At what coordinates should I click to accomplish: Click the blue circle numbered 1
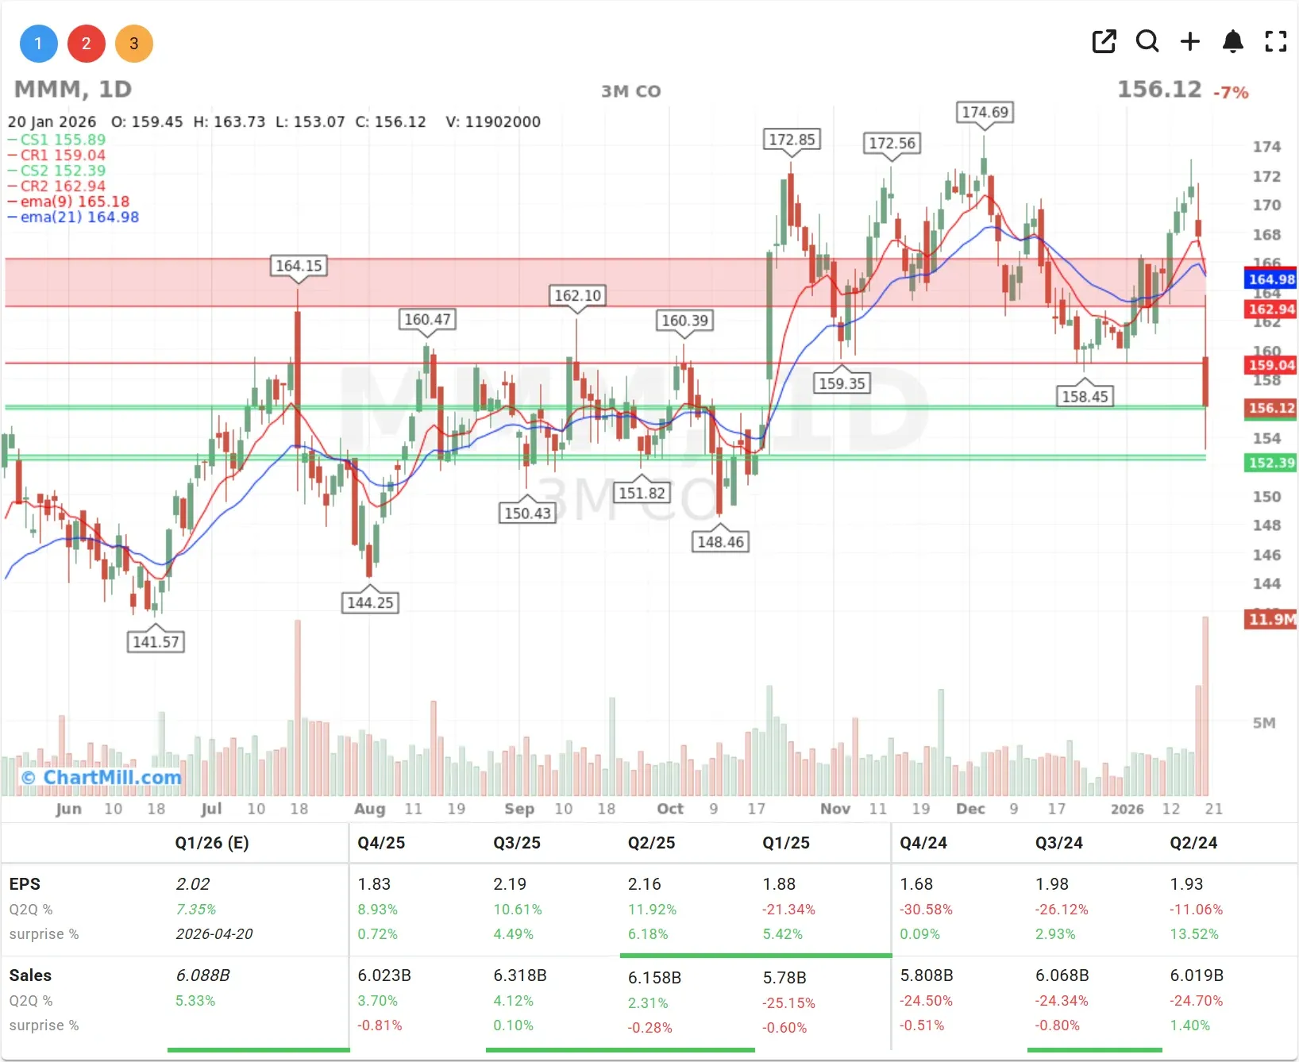click(38, 44)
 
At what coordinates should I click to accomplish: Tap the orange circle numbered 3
click(134, 44)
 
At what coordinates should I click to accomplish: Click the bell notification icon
click(1232, 41)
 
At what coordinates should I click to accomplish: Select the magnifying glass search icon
click(1147, 41)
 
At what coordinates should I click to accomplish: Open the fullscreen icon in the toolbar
click(1275, 41)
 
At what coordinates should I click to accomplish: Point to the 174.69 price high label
click(985, 113)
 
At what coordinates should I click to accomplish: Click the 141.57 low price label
click(156, 641)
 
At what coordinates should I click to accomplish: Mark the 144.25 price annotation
click(370, 602)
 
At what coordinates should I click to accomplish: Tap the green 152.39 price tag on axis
click(1270, 463)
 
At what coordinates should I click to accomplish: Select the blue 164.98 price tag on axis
click(1270, 279)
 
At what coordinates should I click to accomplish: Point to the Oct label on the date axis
click(670, 809)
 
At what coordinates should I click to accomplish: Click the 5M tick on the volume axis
click(1264, 723)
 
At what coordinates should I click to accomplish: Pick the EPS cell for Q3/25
click(509, 884)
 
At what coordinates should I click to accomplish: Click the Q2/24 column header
click(1193, 843)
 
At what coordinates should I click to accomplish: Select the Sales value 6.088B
click(202, 975)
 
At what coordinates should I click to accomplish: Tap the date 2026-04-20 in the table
click(214, 934)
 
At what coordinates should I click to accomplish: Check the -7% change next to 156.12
click(1231, 93)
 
